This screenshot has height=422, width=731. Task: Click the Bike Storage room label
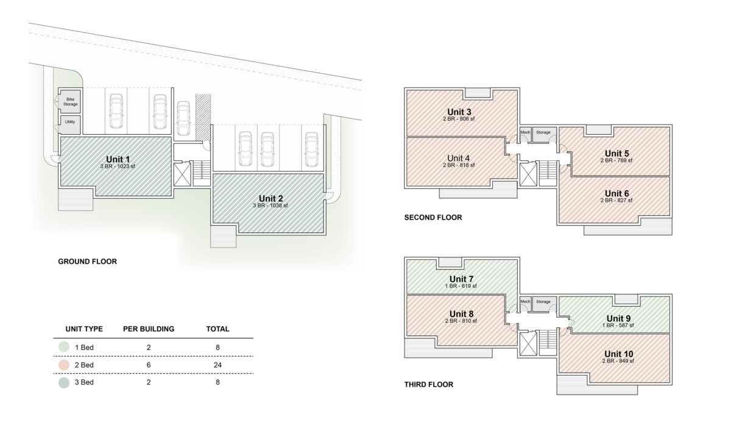click(x=71, y=102)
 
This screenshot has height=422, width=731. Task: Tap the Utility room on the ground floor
click(x=70, y=124)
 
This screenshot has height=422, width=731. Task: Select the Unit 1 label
click(x=118, y=159)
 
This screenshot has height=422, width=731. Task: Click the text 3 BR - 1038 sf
click(x=270, y=206)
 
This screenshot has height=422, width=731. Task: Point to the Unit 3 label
click(x=459, y=112)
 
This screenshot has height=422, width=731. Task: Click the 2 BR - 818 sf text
click(x=459, y=165)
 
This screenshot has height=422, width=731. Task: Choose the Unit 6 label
click(x=616, y=194)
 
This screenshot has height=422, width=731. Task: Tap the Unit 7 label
click(x=461, y=279)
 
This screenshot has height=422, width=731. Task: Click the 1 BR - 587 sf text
click(x=618, y=325)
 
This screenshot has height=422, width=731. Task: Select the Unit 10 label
click(x=618, y=354)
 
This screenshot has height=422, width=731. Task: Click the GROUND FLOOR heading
click(x=88, y=262)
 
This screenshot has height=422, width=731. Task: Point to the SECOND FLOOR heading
click(x=433, y=218)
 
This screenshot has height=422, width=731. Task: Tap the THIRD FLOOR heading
click(x=429, y=384)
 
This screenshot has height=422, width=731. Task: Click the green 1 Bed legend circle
click(x=64, y=347)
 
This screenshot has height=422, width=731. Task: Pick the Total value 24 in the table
click(x=217, y=365)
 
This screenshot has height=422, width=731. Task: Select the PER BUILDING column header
click(x=149, y=329)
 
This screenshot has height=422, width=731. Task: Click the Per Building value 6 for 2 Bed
click(x=149, y=365)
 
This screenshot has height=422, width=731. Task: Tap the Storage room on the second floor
click(x=544, y=134)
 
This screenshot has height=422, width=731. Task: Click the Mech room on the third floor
click(x=525, y=304)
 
